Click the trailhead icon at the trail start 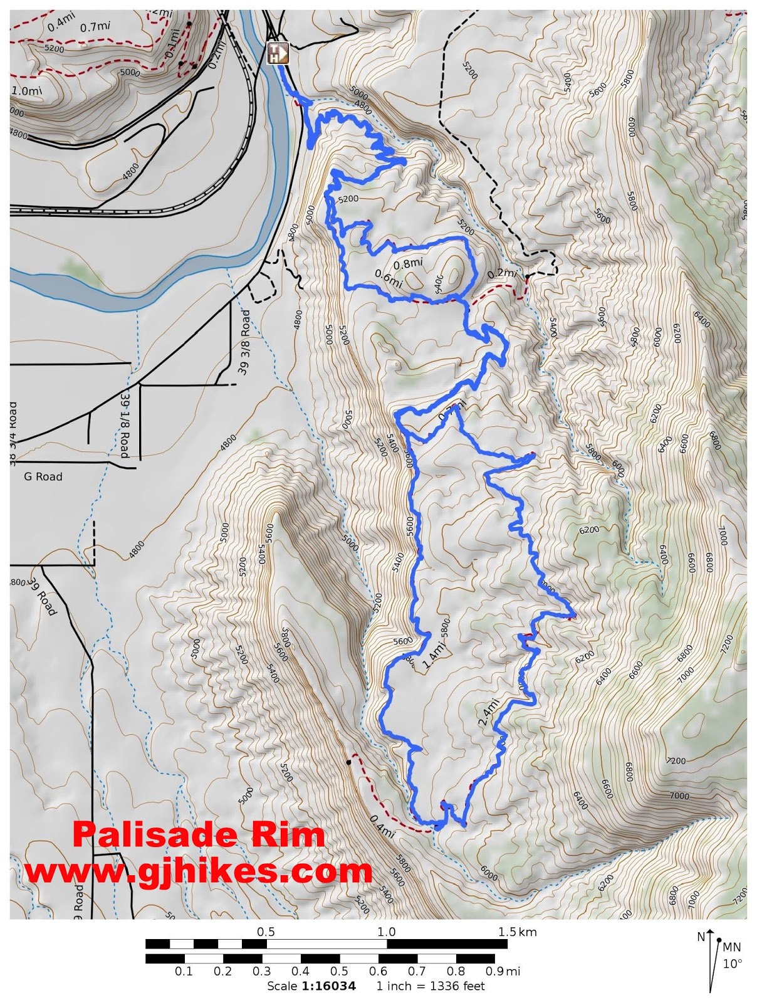point(278,53)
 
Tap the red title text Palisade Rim point(199,835)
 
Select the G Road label point(43,476)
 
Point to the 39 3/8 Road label point(244,342)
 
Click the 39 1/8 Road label point(125,426)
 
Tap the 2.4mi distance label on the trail point(489,712)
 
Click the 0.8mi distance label point(408,264)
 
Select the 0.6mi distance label point(388,278)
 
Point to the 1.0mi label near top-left point(27,91)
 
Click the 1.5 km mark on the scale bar point(517,932)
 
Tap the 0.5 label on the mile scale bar point(339,972)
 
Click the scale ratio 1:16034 point(328,986)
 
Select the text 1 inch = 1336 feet point(431,986)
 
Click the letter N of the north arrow point(701,937)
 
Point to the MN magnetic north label point(731,947)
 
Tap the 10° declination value point(732,964)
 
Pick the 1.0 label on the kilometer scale point(386,932)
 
